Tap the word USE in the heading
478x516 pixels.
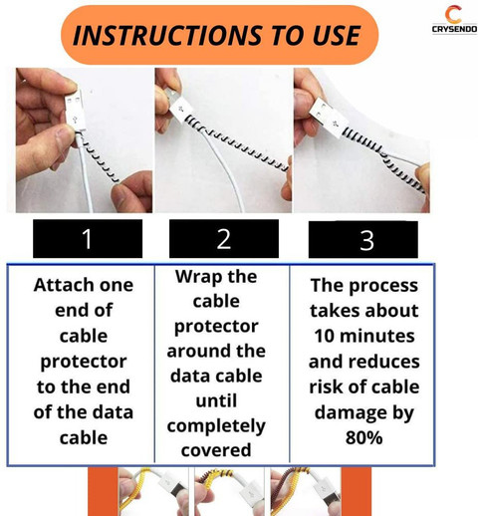(x=327, y=35)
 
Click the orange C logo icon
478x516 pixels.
(x=453, y=15)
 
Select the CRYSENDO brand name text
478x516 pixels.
(x=452, y=31)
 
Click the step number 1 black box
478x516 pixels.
(x=87, y=239)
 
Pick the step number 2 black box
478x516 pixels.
(x=223, y=239)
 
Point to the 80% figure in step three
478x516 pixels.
(x=363, y=436)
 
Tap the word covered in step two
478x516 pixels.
(x=216, y=450)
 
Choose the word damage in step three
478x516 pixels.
(x=364, y=411)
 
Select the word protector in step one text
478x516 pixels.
(x=83, y=361)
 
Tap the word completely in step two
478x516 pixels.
(x=216, y=425)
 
